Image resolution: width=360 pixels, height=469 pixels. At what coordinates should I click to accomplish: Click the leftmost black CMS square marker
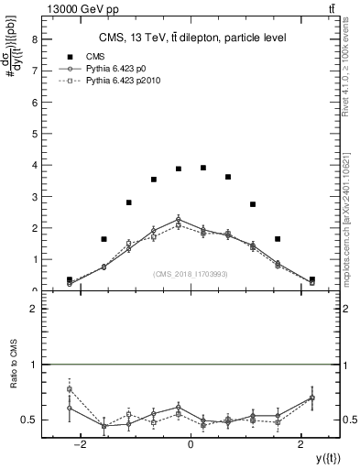coord(70,280)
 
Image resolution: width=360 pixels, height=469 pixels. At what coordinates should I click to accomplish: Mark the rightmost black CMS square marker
coord(312,279)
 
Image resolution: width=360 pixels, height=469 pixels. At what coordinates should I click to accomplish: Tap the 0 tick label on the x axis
coord(191,444)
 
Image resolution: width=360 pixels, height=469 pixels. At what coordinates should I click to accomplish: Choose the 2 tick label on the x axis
coord(301,444)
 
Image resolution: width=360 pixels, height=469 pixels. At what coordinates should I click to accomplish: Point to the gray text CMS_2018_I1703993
coord(191,274)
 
